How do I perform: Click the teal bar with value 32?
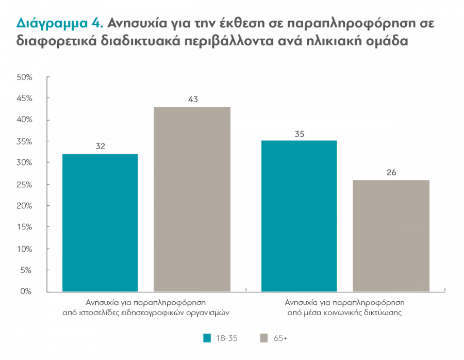coord(100,223)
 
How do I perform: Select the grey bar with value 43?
coord(192,199)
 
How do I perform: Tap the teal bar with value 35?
coord(299,216)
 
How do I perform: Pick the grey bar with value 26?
coord(391,236)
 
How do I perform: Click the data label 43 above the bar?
coord(193,99)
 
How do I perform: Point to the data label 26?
coord(391,172)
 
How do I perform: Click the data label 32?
coord(101,146)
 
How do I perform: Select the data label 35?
coord(300,134)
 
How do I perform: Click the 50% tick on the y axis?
coord(25,77)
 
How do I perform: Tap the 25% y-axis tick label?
coord(25,184)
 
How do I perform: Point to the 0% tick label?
coord(27,291)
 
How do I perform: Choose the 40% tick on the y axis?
coord(25,120)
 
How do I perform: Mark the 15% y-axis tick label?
coord(25,227)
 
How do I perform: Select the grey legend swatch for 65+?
coord(264,338)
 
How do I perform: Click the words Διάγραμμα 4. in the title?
coord(60,23)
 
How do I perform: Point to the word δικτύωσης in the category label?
coord(386,312)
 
